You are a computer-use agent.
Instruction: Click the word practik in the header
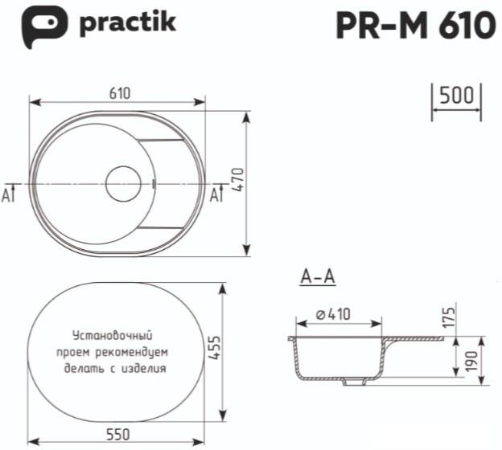[127, 24]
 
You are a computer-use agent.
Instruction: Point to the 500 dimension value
[456, 96]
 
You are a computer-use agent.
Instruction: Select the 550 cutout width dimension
[118, 434]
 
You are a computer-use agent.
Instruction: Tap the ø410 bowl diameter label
[333, 315]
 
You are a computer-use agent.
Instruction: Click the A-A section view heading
[317, 277]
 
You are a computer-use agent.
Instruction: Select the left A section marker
[8, 194]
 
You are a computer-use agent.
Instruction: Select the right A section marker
[215, 194]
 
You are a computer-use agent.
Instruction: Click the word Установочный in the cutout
[112, 335]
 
